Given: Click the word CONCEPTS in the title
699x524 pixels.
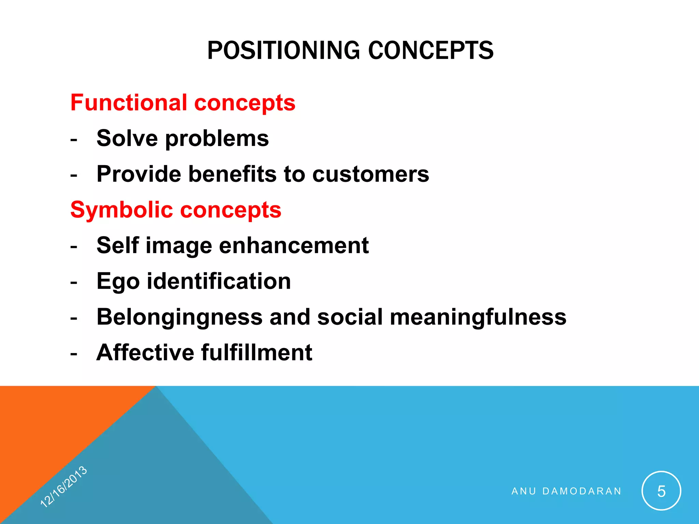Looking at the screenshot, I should click(431, 50).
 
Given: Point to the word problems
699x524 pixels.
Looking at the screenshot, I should click(217, 139).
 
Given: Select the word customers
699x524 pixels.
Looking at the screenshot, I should click(371, 175).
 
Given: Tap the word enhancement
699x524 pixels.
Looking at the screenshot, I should click(294, 245).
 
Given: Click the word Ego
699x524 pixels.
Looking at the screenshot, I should click(118, 282).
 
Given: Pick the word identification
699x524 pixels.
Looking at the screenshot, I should click(219, 281).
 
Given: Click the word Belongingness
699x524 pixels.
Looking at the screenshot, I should click(180, 317).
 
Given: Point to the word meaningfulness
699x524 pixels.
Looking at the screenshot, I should click(478, 317).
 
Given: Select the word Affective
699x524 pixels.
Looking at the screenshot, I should click(145, 352).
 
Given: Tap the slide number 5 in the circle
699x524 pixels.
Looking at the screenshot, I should click(661, 491).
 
